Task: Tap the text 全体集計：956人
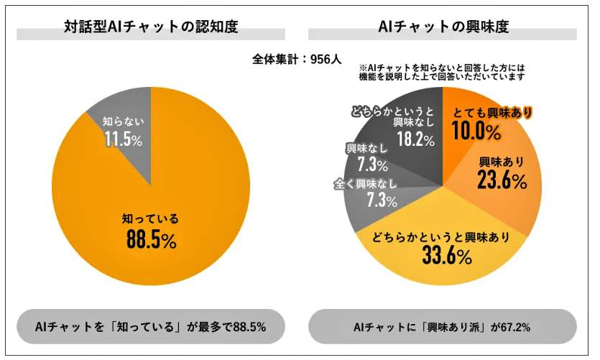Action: click(x=297, y=60)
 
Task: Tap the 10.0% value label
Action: click(x=476, y=131)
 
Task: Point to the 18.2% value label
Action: click(x=410, y=139)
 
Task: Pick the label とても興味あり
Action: click(x=491, y=113)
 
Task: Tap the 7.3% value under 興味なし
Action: click(x=366, y=165)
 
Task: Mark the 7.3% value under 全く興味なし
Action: click(x=382, y=200)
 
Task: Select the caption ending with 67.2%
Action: click(x=442, y=327)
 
